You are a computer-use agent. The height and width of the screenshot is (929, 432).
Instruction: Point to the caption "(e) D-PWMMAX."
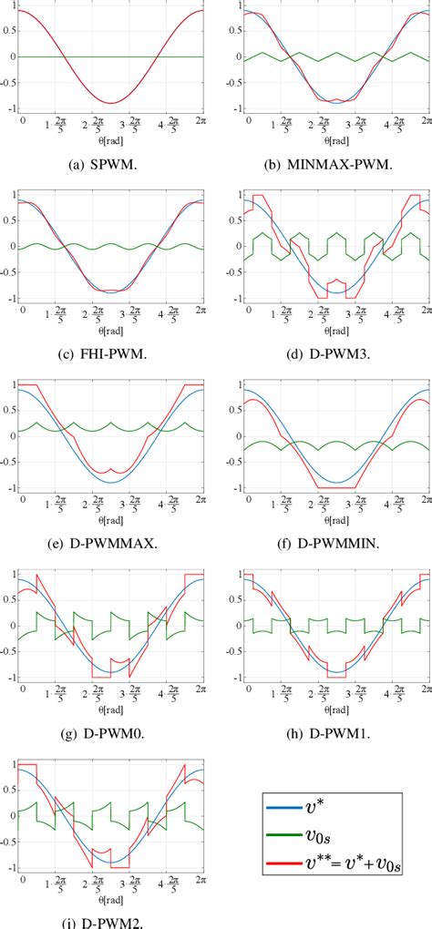click(108, 539)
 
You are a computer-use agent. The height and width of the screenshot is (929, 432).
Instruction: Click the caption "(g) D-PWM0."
click(108, 729)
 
